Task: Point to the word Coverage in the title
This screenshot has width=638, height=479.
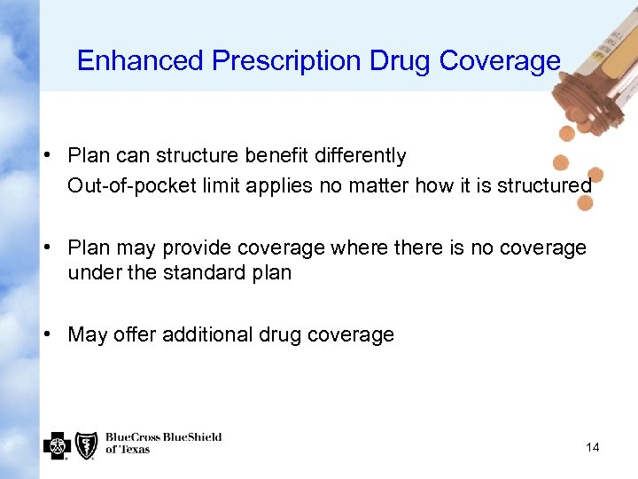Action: click(x=500, y=60)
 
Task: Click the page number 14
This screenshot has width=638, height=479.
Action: click(x=592, y=447)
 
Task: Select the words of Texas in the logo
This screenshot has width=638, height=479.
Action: click(x=128, y=450)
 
